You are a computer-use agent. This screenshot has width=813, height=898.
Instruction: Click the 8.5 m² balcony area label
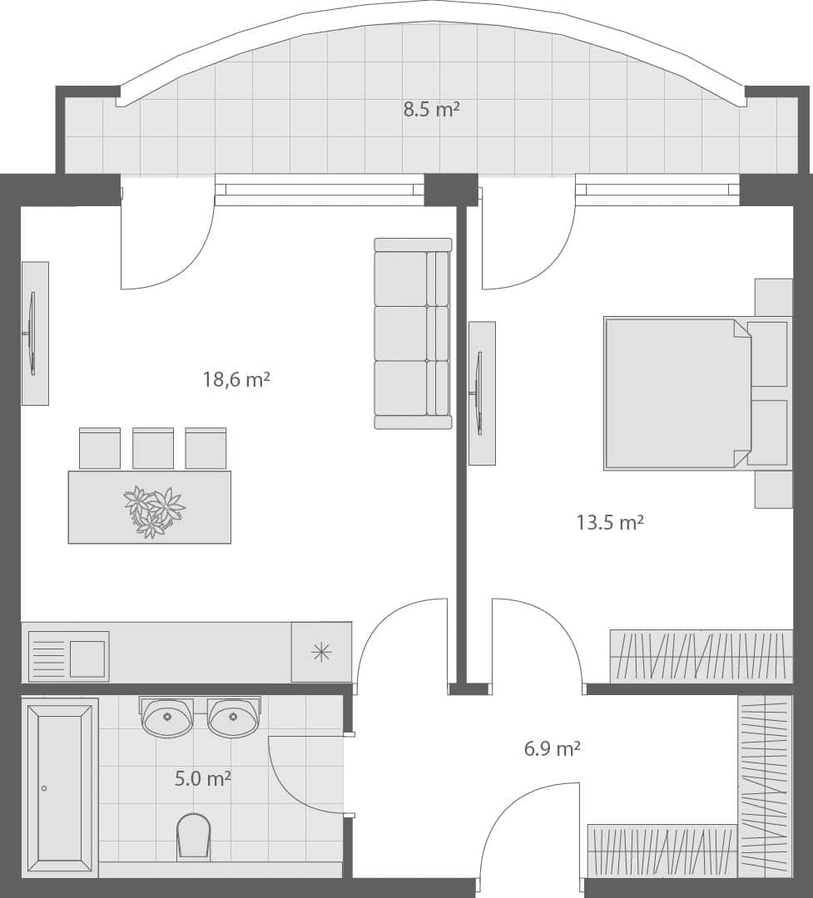[x=432, y=109]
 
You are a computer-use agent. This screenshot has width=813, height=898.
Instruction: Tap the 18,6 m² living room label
[x=236, y=380]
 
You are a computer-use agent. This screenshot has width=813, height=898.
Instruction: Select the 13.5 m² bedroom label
[x=610, y=522]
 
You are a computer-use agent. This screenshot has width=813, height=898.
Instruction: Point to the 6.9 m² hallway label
[x=552, y=748]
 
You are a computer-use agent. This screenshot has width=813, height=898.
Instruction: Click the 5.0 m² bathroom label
[x=202, y=779]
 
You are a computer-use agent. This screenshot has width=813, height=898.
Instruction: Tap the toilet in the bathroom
[x=194, y=835]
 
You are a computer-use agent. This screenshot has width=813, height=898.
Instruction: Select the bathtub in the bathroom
[x=60, y=787]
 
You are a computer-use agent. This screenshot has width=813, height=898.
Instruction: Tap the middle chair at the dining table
[x=153, y=448]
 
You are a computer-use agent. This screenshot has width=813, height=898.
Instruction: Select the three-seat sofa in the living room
[x=413, y=333]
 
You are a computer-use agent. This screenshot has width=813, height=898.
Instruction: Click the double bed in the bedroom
[x=678, y=392]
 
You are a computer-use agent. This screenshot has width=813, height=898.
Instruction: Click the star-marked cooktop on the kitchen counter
[x=321, y=652]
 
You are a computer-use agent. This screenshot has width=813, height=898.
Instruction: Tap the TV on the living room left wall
[x=32, y=333]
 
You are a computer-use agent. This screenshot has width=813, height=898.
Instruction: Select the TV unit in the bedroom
[x=481, y=393]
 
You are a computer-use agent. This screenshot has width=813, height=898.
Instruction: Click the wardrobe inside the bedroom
[x=701, y=656]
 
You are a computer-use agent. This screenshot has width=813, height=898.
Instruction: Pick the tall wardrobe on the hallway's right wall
[x=764, y=785]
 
